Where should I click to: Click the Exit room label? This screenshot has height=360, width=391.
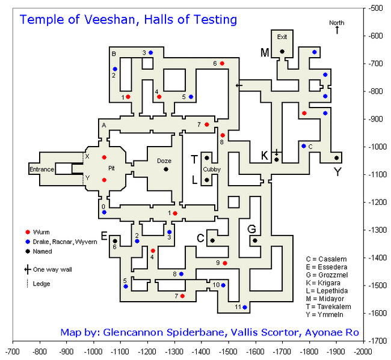pyautogui.click(x=282, y=37)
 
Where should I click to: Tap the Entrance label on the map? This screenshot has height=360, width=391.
pyautogui.click(x=42, y=170)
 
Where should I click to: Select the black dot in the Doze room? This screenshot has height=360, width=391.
pyautogui.click(x=165, y=169)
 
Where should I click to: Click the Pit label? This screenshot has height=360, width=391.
pyautogui.click(x=111, y=168)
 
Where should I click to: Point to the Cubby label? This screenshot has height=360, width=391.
pyautogui.click(x=211, y=169)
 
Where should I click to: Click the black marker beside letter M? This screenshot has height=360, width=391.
pyautogui.click(x=282, y=52)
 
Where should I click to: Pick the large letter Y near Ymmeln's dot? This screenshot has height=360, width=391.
pyautogui.click(x=337, y=171)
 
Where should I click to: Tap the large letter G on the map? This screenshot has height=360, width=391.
pyautogui.click(x=252, y=229)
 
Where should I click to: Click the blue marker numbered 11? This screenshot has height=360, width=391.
pyautogui.click(x=245, y=307)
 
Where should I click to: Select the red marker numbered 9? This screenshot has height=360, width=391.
pyautogui.click(x=225, y=263)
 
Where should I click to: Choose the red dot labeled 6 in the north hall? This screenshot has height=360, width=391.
pyautogui.click(x=222, y=63)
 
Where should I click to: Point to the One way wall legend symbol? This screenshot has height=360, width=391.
pyautogui.click(x=28, y=270)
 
